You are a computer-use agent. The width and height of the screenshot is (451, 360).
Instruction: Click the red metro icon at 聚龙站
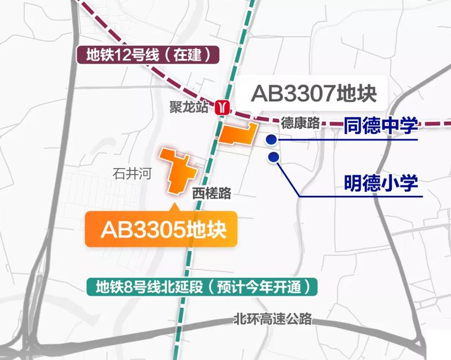[x=224, y=106]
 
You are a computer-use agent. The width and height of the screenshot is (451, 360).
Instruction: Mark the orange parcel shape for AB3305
[x=179, y=171]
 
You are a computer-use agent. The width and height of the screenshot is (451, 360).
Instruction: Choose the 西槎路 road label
[x=211, y=193]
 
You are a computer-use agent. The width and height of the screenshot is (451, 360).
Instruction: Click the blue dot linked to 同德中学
[x=271, y=139]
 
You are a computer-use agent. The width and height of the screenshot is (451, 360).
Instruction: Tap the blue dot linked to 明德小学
[x=274, y=157]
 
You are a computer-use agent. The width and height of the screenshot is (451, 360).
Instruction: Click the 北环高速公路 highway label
[x=273, y=319]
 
